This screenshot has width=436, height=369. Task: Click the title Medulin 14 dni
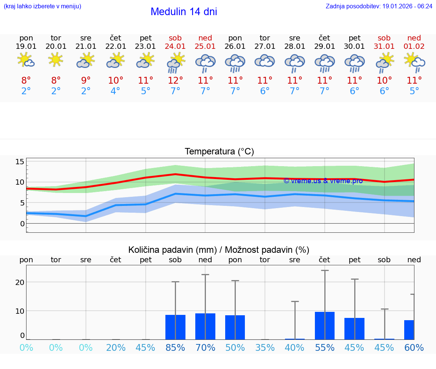coord(184,12)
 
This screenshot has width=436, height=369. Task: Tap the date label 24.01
coord(175,47)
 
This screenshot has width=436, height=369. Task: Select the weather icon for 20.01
coord(56,60)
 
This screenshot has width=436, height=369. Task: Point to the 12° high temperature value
coord(175,81)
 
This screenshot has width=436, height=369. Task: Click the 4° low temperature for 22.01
coord(115,91)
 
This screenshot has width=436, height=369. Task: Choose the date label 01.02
coord(414,47)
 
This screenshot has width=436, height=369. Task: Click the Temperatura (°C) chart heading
coord(219,152)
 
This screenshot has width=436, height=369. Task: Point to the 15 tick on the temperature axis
coord(20,162)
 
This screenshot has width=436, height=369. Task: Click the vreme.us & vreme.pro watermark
coord(323,181)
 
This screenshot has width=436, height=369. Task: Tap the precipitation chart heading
coord(219,250)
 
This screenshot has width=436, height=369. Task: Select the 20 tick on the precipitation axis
coord(20,282)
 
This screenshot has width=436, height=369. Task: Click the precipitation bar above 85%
coord(175,327)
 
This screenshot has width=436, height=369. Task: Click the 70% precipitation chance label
coord(205,348)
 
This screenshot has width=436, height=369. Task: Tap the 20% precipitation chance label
coord(115,348)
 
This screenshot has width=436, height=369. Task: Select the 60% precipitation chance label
coord(414,348)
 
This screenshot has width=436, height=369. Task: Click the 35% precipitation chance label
coord(265,348)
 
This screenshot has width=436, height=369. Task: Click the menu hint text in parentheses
coord(42,6)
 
